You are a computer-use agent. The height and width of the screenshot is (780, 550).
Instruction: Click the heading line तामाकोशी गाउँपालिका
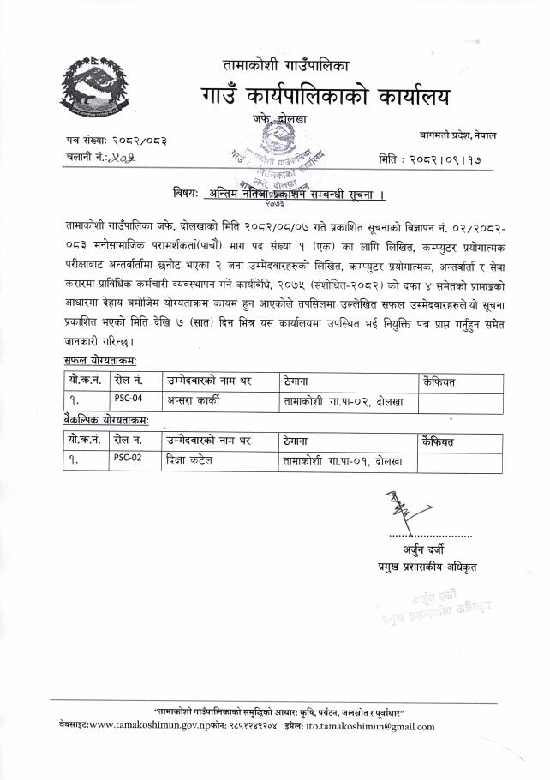tap(285, 65)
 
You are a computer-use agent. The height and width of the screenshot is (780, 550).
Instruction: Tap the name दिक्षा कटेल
tap(190, 459)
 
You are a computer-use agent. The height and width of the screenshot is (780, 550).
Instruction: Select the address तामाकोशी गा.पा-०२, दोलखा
tap(343, 399)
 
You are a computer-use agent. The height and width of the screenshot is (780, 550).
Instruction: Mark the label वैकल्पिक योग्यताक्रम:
tap(106, 422)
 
